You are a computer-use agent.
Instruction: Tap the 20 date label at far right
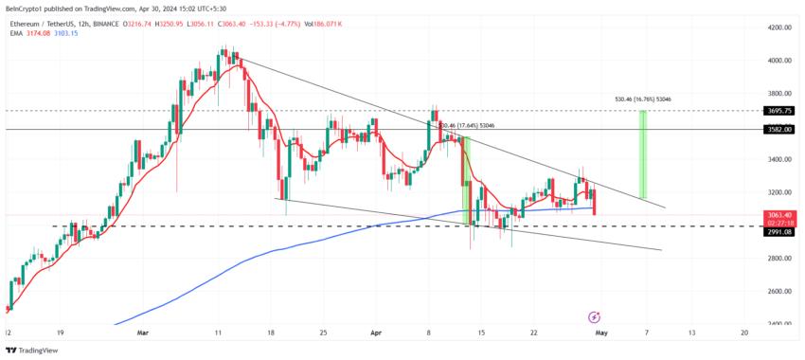tap(744, 333)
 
